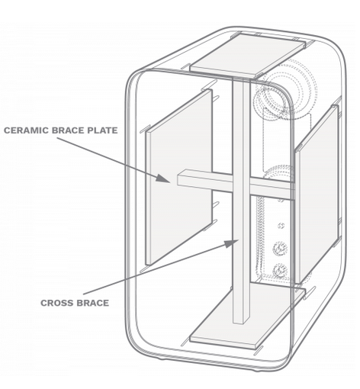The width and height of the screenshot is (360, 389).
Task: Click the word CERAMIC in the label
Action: coord(27,130)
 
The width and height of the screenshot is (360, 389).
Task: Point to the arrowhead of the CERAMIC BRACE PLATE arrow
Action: coord(163,178)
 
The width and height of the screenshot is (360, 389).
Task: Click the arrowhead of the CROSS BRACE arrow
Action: coord(231,243)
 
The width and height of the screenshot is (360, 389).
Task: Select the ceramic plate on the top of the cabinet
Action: coord(247,55)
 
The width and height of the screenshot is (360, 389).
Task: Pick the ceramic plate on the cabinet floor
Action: coord(248,315)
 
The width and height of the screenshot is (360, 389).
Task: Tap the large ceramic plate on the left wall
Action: coord(178,177)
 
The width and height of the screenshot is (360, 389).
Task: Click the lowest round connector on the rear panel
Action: coord(280,271)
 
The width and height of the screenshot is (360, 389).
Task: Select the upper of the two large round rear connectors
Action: coord(280,249)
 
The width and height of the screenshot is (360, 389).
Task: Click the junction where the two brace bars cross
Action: coord(241,184)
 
